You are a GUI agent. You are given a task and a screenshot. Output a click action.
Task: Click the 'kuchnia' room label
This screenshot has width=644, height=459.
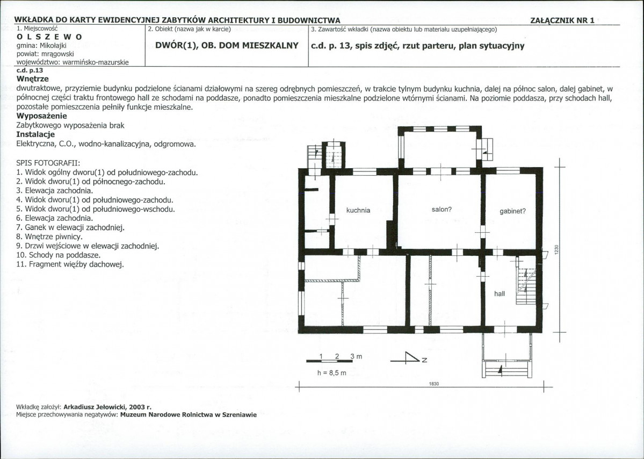[x=358, y=210]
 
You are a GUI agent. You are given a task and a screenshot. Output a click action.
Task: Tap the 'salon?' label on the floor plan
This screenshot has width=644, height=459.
[x=442, y=210]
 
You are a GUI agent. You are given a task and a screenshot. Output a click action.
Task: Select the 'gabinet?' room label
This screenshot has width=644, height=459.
[x=512, y=211]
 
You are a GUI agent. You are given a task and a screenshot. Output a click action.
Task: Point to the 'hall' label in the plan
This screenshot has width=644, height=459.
[x=500, y=293]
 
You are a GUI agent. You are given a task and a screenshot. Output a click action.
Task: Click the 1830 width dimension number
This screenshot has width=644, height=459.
[x=434, y=384]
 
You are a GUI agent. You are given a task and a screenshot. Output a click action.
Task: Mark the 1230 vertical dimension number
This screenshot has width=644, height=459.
[x=556, y=249]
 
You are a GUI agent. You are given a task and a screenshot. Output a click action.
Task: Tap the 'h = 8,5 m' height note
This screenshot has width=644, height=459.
[x=332, y=373]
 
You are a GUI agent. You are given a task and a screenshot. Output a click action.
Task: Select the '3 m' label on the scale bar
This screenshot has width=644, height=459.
[x=356, y=356]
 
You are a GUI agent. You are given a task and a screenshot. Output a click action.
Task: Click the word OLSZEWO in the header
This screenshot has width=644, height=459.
[x=49, y=37]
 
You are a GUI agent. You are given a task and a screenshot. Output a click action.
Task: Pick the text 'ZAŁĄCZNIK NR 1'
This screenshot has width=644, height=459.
[x=562, y=20]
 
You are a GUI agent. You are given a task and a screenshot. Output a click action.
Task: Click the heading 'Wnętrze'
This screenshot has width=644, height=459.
[x=32, y=78]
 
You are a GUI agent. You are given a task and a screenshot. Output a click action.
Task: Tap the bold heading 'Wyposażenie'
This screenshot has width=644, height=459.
[x=41, y=116]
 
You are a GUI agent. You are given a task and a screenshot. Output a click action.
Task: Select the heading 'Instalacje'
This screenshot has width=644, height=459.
[x=35, y=134]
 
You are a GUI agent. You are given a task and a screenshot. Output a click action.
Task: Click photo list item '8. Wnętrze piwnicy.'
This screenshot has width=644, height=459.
[x=49, y=236]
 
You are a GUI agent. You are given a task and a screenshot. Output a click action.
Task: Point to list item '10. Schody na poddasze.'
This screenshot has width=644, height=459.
[x=59, y=255]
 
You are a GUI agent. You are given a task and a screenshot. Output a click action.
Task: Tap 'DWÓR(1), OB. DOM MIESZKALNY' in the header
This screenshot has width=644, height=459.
[x=227, y=46]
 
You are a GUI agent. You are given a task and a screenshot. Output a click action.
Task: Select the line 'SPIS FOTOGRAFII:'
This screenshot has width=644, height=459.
[x=48, y=163]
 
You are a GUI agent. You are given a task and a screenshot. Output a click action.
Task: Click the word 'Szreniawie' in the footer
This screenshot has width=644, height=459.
[x=240, y=414]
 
